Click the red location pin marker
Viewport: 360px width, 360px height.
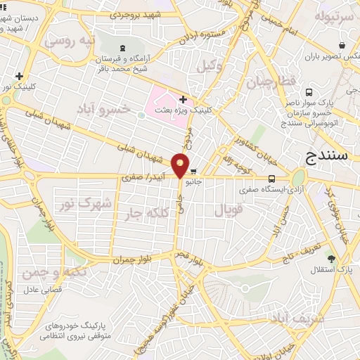[181, 166]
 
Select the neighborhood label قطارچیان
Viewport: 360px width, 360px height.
[269, 83]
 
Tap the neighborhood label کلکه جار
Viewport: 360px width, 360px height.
[147, 212]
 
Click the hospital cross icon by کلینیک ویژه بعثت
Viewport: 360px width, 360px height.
[183, 100]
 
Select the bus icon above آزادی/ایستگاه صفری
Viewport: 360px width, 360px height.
[271, 179]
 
